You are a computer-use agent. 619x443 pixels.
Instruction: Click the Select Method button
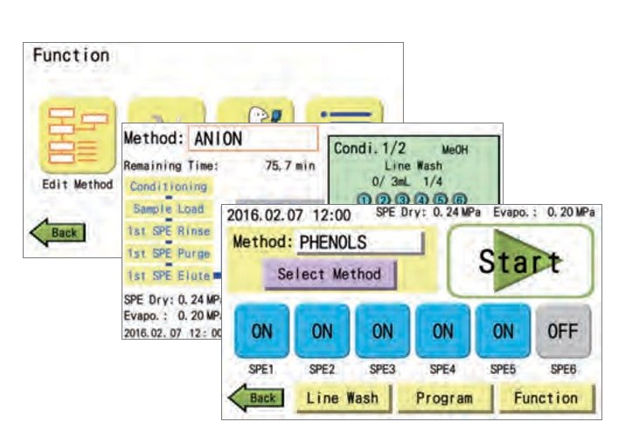pos(329,273)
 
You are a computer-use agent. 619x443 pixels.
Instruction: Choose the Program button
pos(443,397)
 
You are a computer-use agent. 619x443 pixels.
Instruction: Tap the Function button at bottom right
pos(546,397)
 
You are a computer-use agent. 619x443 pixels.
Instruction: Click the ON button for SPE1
pos(261,332)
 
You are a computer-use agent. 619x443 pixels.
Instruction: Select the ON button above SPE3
pos(382,332)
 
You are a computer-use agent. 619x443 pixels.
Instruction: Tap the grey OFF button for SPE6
pos(563,332)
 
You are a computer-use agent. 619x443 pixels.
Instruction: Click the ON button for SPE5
pos(503,332)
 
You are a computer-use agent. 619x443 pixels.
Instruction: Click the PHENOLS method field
pos(359,243)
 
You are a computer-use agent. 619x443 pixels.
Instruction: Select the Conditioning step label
pos(169,186)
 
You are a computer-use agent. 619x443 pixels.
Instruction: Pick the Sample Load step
pos(169,208)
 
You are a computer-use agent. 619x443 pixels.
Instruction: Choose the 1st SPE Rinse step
pos(169,231)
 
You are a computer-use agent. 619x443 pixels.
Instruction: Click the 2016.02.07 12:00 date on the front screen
pos(288,214)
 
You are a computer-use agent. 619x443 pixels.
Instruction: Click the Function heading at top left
pos(71,55)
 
